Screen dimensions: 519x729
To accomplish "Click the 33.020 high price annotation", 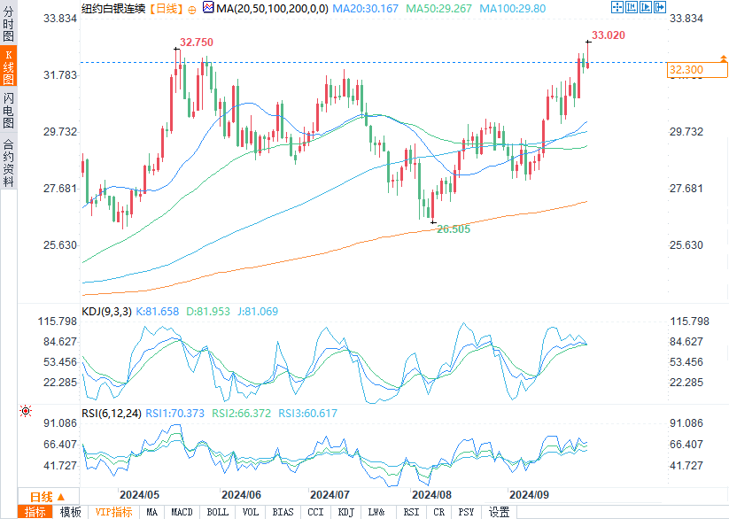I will (x=608, y=35).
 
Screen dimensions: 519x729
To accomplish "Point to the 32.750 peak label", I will (x=197, y=43).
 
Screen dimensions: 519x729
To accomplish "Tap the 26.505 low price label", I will (x=453, y=229).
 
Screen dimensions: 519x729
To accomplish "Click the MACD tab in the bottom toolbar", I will (x=182, y=512).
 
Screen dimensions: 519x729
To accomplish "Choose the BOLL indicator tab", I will (x=217, y=512).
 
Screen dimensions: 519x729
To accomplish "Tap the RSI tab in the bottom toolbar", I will (x=411, y=512).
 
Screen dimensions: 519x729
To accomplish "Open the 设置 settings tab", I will (x=499, y=512).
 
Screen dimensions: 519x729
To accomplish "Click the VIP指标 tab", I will (x=114, y=512).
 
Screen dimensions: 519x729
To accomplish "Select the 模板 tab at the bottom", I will (x=70, y=512).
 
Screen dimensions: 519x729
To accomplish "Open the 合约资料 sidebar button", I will (x=8, y=163).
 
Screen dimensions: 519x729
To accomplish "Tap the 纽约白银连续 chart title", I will (x=112, y=8).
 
